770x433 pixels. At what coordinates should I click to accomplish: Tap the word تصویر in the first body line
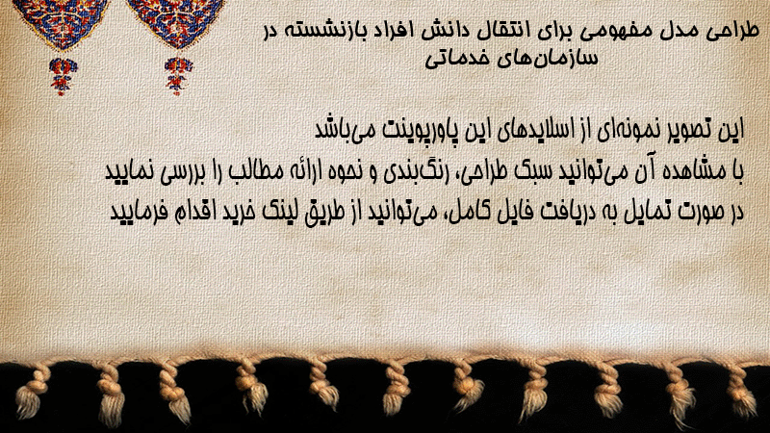pos(687,130)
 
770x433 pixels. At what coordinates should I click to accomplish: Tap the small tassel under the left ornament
pos(62,77)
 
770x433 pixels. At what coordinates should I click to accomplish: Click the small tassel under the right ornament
pos(178,76)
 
